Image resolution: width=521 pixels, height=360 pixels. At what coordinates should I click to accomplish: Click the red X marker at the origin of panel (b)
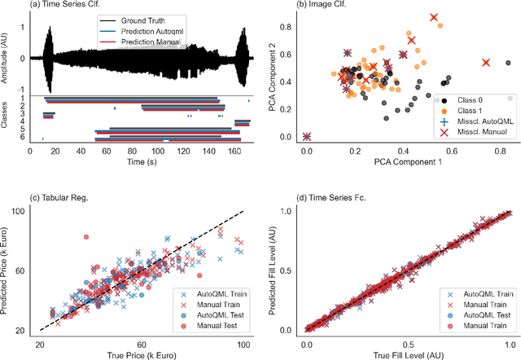pos(307,137)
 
